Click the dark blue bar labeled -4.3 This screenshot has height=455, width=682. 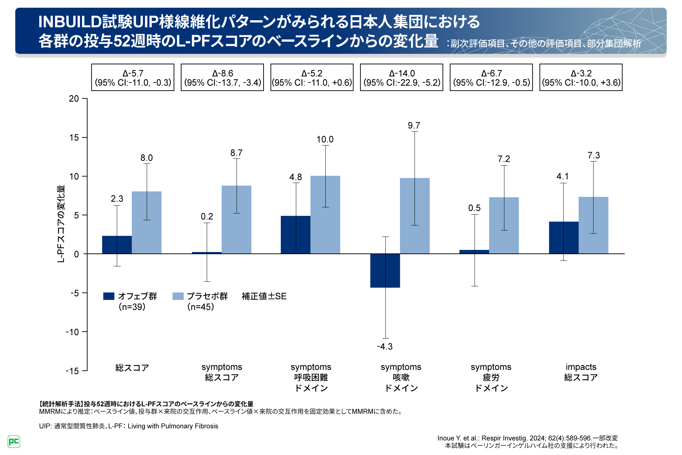(x=385, y=271)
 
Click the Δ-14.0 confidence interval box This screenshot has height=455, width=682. (x=401, y=77)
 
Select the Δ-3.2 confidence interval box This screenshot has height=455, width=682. (x=581, y=77)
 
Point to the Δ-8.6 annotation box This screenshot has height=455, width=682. (x=222, y=77)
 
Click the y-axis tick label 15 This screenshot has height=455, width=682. (x=74, y=138)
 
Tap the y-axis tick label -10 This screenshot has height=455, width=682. (x=72, y=332)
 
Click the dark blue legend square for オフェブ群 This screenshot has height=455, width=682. (x=109, y=296)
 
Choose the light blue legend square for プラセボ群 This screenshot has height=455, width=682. (x=178, y=296)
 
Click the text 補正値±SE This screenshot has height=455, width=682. (x=264, y=296)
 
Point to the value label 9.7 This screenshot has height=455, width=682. (x=414, y=125)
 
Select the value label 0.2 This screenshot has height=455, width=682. (x=207, y=216)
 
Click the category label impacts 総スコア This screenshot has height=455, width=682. (x=581, y=372)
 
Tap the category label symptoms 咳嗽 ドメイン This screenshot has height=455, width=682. (x=401, y=377)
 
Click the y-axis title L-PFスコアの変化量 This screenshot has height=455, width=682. (x=61, y=224)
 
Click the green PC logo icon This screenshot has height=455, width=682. (x=14, y=441)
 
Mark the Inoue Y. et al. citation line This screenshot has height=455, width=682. (x=527, y=438)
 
